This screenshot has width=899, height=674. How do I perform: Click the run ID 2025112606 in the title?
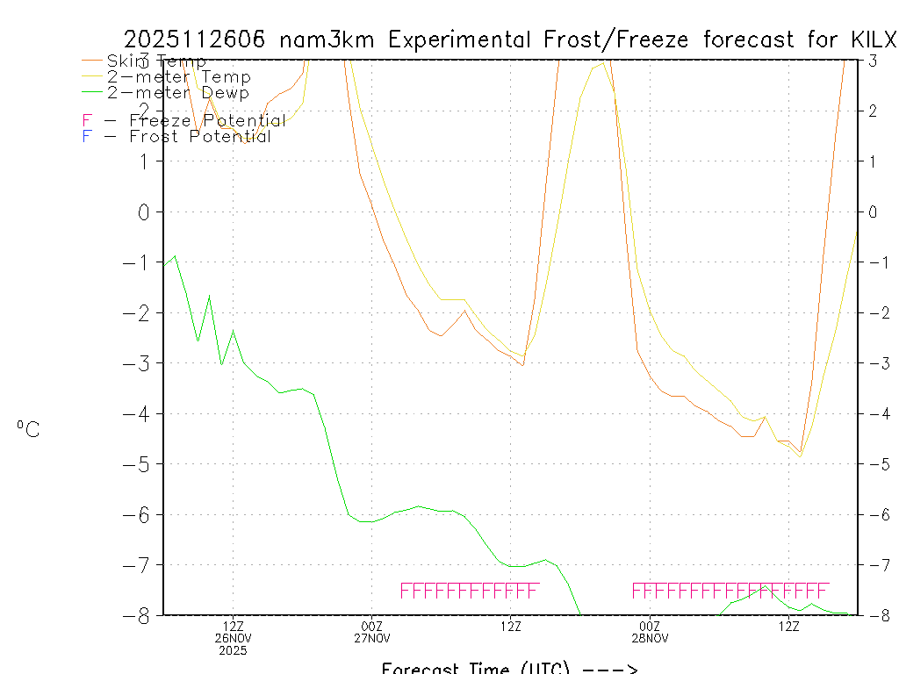[197, 39]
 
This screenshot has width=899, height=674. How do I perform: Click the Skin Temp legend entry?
[156, 61]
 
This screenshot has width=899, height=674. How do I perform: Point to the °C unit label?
[28, 429]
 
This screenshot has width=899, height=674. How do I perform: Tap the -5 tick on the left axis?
[140, 463]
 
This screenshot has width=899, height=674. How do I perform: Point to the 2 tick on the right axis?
[872, 111]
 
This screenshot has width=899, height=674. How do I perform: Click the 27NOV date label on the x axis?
[372, 638]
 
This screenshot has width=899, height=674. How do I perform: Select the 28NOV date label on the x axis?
[651, 638]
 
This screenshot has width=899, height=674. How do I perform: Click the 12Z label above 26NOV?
[233, 626]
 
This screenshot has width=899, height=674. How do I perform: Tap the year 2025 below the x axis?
[233, 650]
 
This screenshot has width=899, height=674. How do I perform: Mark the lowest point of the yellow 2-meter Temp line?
[800, 457]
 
